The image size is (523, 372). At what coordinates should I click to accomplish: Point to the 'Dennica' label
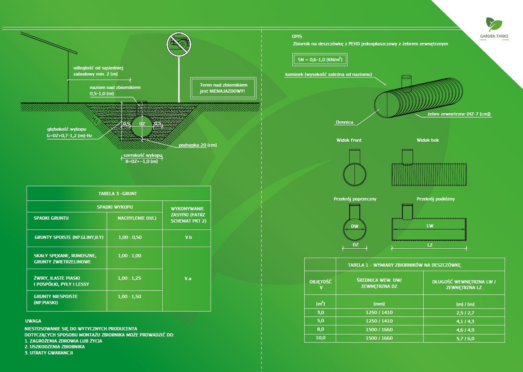tap(344, 122)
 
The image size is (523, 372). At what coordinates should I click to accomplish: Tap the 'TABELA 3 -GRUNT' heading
tap(118, 193)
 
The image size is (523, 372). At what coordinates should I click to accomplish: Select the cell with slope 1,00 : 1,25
tap(129, 278)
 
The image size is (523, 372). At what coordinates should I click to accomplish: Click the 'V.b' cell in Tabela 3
tap(186, 237)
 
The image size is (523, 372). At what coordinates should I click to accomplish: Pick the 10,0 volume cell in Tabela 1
tap(320, 338)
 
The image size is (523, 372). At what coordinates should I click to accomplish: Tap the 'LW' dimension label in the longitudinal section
tap(430, 226)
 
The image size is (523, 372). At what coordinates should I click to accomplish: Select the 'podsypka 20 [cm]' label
tap(198, 145)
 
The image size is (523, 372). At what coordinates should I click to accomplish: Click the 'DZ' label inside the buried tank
tap(142, 123)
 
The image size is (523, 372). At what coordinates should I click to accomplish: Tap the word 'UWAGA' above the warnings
tap(33, 321)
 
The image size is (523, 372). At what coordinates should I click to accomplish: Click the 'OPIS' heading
tap(297, 36)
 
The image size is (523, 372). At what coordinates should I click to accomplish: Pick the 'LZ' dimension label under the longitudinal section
tap(429, 245)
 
